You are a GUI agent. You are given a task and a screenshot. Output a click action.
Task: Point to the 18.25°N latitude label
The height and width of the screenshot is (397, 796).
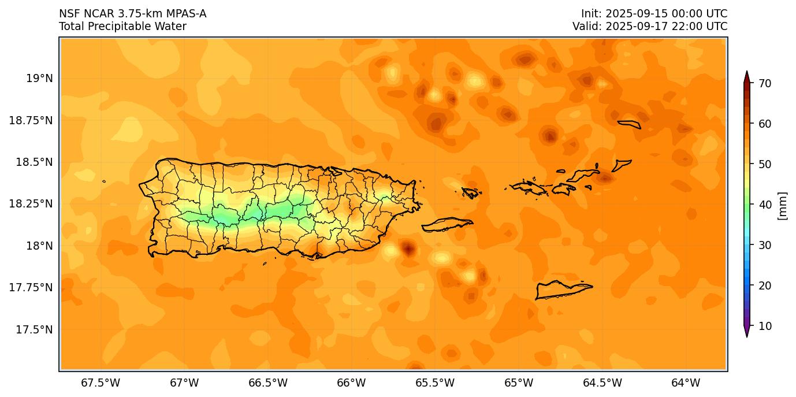[31, 203]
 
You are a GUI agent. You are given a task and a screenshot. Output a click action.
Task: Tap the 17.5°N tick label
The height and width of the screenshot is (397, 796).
[34, 329]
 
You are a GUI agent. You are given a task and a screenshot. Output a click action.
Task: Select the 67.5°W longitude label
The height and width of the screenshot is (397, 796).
[101, 383]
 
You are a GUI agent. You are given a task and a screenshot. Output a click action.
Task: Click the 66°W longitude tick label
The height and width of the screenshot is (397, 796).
[351, 383]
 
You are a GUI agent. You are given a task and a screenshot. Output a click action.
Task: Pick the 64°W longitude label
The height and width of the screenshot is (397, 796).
[686, 383]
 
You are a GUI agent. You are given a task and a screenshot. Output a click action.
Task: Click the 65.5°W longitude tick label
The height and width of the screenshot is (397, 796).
[435, 383]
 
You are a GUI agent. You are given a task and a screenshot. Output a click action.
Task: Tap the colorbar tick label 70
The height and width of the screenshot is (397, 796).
[765, 83]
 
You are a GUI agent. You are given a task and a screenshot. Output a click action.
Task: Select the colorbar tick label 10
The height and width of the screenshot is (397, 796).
[765, 326]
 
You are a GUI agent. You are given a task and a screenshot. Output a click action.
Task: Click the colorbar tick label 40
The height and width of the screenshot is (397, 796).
[765, 205]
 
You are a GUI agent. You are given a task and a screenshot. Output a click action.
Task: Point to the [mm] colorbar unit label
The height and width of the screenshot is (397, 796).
[783, 206]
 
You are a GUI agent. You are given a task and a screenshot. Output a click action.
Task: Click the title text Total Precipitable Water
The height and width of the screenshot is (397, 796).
[122, 27]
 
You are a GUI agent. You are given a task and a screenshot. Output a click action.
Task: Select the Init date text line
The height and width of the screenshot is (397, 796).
[654, 14]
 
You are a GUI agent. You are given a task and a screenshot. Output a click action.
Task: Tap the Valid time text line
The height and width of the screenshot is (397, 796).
[650, 27]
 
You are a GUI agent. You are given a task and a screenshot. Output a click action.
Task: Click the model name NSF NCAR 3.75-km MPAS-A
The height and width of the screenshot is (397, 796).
[132, 14]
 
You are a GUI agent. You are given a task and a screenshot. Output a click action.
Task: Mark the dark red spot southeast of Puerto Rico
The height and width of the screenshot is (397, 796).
[408, 249]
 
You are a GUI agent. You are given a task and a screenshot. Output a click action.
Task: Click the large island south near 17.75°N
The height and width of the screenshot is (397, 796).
[563, 289]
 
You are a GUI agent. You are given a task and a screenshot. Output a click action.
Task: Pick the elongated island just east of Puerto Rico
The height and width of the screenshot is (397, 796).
[447, 224]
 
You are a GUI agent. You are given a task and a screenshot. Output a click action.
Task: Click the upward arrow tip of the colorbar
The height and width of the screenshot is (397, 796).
[746, 73]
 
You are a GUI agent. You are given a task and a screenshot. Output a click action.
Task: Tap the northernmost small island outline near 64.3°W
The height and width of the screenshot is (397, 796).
[629, 124]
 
